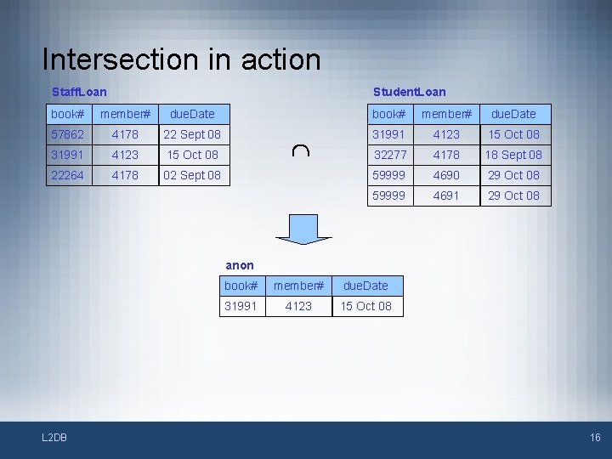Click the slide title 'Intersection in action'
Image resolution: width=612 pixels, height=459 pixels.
[x=181, y=59]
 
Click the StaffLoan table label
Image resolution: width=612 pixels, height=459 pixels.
[x=79, y=92]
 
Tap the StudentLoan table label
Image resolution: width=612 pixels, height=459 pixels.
[x=409, y=92]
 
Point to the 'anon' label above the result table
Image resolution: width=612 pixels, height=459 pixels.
[x=239, y=265]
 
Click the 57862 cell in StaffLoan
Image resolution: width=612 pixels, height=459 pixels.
[x=68, y=134]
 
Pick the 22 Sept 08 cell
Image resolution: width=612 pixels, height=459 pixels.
[x=192, y=134]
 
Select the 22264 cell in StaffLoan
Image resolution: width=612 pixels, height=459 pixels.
[x=68, y=175]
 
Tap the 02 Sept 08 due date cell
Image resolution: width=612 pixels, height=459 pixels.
[x=192, y=175]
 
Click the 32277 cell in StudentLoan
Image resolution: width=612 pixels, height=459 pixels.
[x=391, y=155]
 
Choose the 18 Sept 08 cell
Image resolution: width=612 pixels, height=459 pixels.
[x=513, y=155]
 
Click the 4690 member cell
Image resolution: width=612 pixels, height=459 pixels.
[x=446, y=175]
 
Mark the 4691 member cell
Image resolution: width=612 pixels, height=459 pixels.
[x=446, y=195]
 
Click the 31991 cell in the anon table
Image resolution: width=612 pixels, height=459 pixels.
[x=241, y=306]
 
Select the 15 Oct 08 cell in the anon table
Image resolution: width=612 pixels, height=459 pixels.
[x=366, y=306]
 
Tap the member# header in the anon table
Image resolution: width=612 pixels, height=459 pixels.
[x=298, y=286]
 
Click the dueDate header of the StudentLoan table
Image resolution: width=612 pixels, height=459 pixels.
[x=513, y=114]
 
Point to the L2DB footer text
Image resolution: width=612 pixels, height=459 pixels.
[x=54, y=437]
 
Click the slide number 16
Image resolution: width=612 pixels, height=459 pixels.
[x=595, y=437]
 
